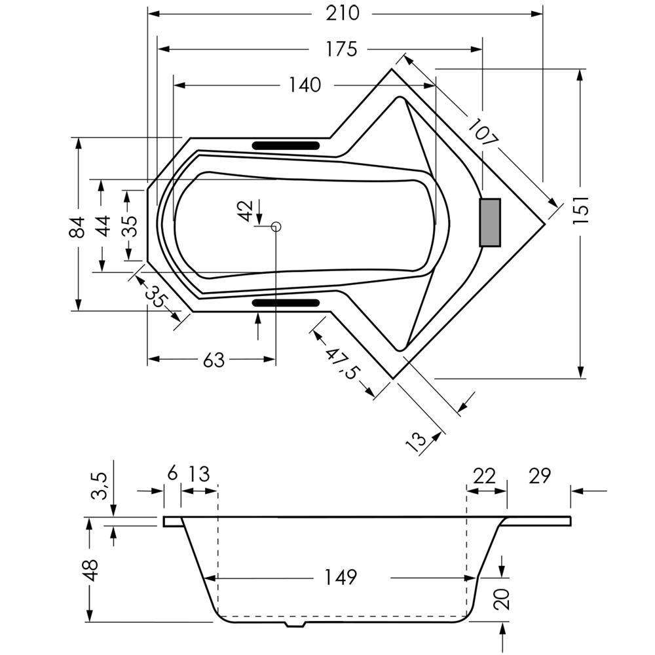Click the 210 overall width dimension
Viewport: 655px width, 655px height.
pyautogui.click(x=342, y=13)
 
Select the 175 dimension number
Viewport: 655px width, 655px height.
pyautogui.click(x=341, y=49)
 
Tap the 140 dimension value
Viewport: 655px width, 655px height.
pyautogui.click(x=305, y=84)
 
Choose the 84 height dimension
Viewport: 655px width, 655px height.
pyautogui.click(x=77, y=227)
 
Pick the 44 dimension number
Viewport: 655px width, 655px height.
pyautogui.click(x=102, y=225)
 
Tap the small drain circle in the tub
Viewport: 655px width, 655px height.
pyautogui.click(x=276, y=227)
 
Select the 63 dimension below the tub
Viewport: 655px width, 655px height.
pyautogui.click(x=214, y=360)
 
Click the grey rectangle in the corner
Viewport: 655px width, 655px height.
pyautogui.click(x=489, y=223)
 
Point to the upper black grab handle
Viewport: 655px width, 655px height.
pyautogui.click(x=286, y=145)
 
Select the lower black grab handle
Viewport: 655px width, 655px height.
pyautogui.click(x=286, y=303)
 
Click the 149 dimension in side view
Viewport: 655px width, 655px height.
pyautogui.click(x=341, y=577)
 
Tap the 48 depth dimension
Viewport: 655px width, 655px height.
pyautogui.click(x=90, y=570)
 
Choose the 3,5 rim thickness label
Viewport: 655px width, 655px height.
pyautogui.click(x=100, y=486)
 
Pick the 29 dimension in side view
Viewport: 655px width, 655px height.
pyautogui.click(x=540, y=476)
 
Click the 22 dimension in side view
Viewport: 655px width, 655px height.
pyautogui.click(x=485, y=476)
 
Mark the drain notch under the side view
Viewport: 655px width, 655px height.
pyautogui.click(x=296, y=624)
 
